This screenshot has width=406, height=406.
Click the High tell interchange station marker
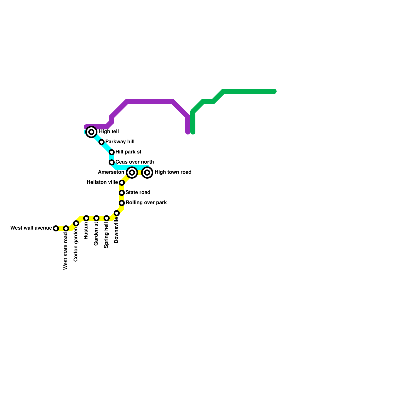pos(91,132)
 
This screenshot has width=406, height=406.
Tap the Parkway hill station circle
pos(101,142)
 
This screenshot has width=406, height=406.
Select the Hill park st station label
pos(128,152)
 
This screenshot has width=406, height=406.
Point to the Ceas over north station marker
pos(112,162)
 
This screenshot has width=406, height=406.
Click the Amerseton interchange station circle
pos(132,173)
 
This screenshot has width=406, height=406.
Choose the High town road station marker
pos(147,173)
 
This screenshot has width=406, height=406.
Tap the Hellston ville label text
pos(102,182)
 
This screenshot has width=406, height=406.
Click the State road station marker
pos(122,193)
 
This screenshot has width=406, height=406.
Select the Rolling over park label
pos(146,203)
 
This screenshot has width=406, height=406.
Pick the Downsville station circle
pos(117,213)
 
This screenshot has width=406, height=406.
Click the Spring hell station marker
pos(107,218)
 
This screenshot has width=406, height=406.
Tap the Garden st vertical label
pos(96,234)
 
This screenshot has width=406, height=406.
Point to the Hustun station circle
pos(86,218)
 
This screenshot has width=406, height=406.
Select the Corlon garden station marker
pos(76,223)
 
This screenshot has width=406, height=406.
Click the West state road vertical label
pos(66,251)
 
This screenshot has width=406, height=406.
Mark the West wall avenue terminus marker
pos(56,228)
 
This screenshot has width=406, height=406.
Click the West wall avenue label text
pos(31,228)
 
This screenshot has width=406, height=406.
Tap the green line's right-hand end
pos(275,91)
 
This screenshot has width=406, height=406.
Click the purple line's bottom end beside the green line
pos(188,132)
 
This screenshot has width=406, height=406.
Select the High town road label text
pos(173,172)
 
